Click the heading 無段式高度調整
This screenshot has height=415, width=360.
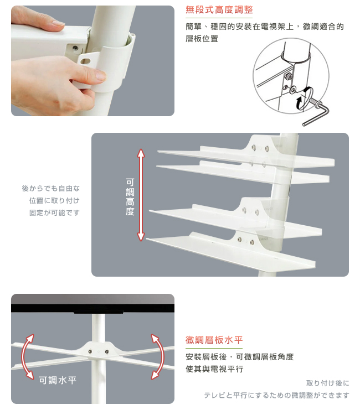[x=219, y=10]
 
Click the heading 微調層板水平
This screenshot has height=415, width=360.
[x=214, y=340]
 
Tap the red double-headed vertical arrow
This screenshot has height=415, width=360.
[x=141, y=195]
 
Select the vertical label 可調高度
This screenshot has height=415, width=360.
[x=130, y=197]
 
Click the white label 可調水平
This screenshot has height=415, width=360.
[x=58, y=380]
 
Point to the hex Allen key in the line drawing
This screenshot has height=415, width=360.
[x=317, y=112]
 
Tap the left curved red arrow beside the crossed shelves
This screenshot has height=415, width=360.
[x=27, y=357]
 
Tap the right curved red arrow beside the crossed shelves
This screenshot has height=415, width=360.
[x=158, y=357]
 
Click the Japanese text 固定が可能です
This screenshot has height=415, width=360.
[x=54, y=213]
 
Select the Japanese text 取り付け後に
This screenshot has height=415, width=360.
[x=328, y=383]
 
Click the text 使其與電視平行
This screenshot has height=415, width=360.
[x=214, y=369]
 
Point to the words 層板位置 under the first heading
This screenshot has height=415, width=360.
[x=202, y=39]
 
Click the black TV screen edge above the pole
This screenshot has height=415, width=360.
[x=92, y=308]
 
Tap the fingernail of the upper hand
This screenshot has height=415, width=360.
[x=59, y=24]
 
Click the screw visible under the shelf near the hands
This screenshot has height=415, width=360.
[x=76, y=48]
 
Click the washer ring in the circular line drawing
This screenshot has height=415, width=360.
[x=293, y=90]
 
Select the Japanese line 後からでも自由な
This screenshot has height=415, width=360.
[x=51, y=189]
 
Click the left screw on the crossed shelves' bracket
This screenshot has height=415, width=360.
[x=90, y=351]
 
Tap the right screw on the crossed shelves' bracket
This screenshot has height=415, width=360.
[x=107, y=351]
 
